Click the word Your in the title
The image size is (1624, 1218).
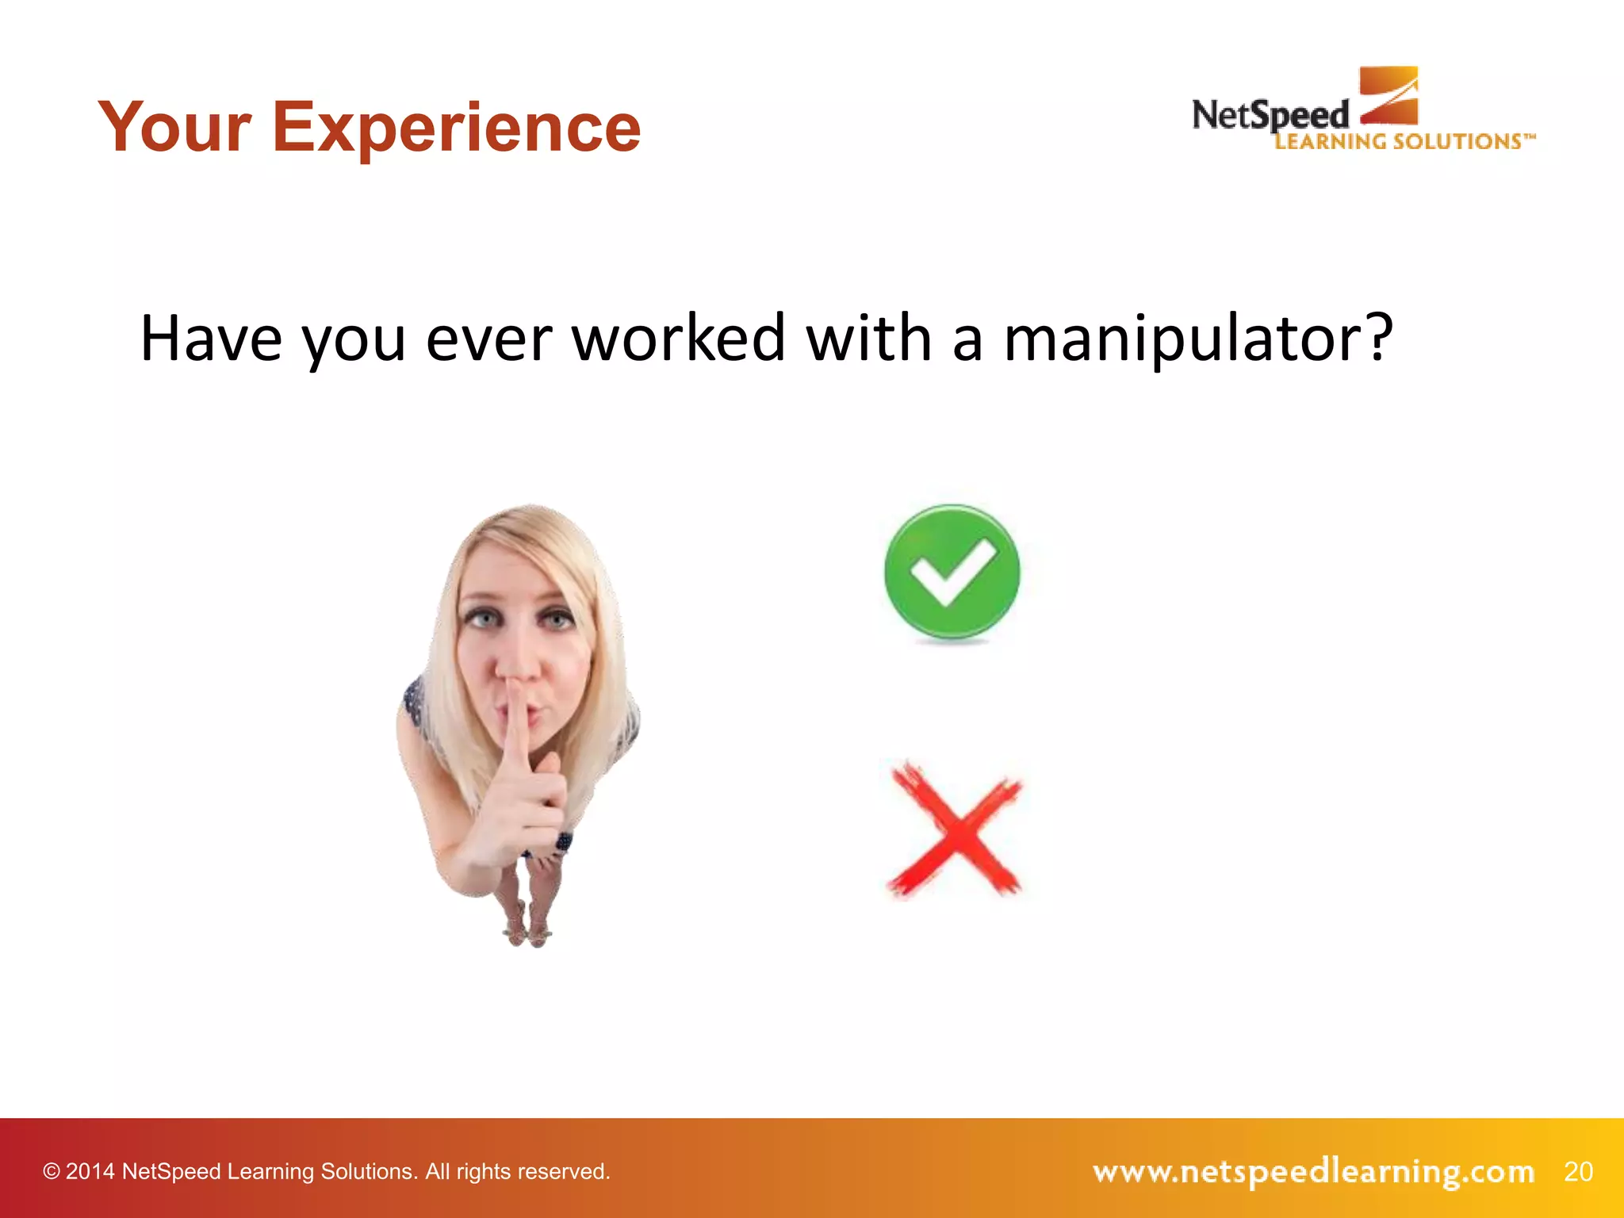(x=174, y=128)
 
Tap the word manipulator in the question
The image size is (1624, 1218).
(x=1181, y=339)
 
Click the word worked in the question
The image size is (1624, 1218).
(x=678, y=339)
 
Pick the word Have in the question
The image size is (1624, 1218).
(x=211, y=339)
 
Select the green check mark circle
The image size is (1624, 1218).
(x=952, y=573)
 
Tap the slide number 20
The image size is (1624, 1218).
(x=1578, y=1171)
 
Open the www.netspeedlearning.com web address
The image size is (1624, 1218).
(x=1313, y=1171)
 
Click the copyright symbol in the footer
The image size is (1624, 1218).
(x=52, y=1171)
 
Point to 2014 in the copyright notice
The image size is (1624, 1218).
(x=90, y=1171)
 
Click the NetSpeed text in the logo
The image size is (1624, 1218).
(x=1269, y=116)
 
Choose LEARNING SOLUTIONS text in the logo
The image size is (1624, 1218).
(x=1400, y=142)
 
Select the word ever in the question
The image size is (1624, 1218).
(x=488, y=339)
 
